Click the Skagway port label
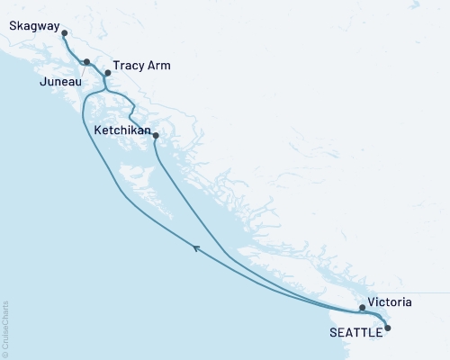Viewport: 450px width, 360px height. click(31, 26)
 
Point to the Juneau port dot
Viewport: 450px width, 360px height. click(86, 62)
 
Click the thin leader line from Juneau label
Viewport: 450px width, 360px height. click(81, 71)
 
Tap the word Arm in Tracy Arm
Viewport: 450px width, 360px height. click(160, 67)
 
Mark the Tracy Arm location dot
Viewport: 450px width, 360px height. click(107, 73)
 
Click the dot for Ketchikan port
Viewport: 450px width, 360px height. click(157, 136)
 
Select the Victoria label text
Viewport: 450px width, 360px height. click(390, 303)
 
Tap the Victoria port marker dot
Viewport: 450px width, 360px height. click(362, 308)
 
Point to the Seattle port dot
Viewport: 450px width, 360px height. click(388, 328)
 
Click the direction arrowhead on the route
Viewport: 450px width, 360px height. click(194, 246)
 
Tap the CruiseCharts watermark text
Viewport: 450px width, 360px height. click(4, 328)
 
